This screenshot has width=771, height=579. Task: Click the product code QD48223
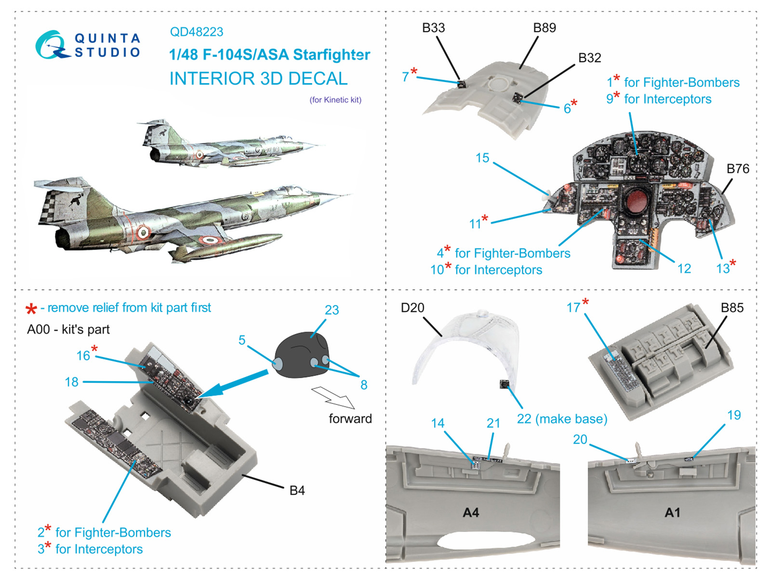196,32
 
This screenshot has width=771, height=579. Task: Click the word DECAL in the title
318,79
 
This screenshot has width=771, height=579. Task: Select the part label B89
544,28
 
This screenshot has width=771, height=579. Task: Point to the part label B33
433,28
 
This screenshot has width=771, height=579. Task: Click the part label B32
589,58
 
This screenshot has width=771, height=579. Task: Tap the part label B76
737,169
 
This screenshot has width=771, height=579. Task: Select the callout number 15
482,158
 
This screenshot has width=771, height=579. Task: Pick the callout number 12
684,269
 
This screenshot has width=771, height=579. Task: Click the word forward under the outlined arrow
350,418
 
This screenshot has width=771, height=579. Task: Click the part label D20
412,308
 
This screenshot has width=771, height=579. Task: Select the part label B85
732,308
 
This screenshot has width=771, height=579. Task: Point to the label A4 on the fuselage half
471,512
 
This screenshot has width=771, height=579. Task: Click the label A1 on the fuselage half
672,512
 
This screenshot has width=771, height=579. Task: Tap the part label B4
297,491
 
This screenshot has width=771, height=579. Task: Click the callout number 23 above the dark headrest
332,310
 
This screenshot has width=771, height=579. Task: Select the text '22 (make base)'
562,419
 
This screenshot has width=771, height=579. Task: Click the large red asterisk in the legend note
31,309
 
